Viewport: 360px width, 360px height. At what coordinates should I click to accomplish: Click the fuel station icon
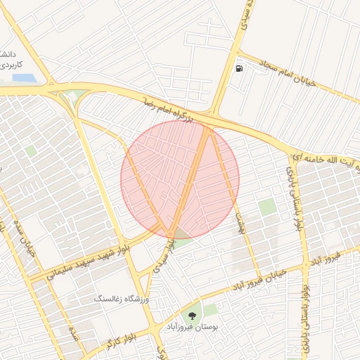240,69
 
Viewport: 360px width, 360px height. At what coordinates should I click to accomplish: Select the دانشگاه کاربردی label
8,59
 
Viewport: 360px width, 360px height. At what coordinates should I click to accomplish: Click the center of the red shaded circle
180,179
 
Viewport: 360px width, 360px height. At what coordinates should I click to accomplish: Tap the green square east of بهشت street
266,207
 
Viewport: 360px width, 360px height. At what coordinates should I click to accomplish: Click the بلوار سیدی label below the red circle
162,254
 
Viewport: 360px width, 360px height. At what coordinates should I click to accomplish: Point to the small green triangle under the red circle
181,235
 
